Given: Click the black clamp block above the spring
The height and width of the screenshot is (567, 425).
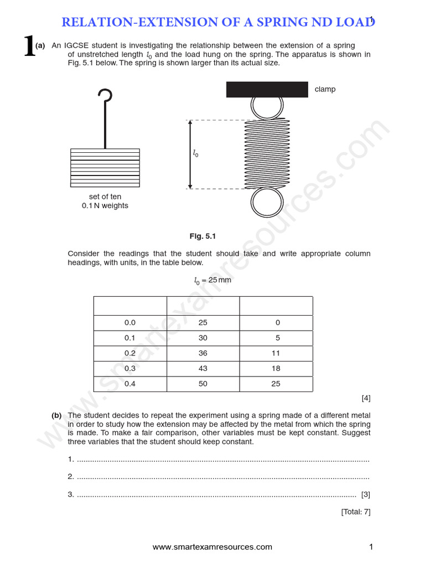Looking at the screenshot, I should click(x=267, y=89).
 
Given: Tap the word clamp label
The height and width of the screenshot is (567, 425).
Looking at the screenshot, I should click(x=325, y=89).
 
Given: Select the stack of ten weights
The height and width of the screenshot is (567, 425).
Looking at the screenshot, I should click(x=105, y=169).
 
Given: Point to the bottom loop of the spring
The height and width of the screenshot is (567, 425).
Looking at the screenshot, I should click(x=267, y=204).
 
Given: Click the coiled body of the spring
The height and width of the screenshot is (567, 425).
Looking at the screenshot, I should click(x=267, y=154).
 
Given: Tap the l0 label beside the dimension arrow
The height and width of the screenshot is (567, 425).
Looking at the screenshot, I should click(x=195, y=154).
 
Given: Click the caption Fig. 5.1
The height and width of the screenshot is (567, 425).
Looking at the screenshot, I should click(x=203, y=236).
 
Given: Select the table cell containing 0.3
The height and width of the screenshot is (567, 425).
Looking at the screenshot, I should click(x=130, y=368).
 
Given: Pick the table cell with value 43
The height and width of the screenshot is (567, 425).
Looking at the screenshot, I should click(x=203, y=368).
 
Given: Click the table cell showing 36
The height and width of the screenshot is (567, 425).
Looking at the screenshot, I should click(x=203, y=353).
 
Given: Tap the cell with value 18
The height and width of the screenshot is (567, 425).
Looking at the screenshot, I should click(x=276, y=368).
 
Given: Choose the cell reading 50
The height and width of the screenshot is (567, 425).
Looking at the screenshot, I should click(x=203, y=384).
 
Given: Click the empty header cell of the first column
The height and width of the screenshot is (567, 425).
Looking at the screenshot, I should click(x=130, y=306).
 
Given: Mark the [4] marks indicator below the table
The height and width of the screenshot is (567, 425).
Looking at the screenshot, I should click(x=366, y=398).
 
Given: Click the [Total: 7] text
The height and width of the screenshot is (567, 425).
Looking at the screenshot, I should click(x=356, y=512).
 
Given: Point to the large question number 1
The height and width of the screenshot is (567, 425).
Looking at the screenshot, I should click(x=29, y=47).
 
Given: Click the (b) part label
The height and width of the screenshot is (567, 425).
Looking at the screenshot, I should click(x=56, y=415).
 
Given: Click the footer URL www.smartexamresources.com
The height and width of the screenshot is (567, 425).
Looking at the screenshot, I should click(x=212, y=547).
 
